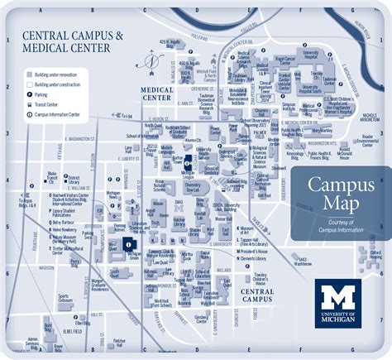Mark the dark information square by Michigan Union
pyautogui.click(x=127, y=243)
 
